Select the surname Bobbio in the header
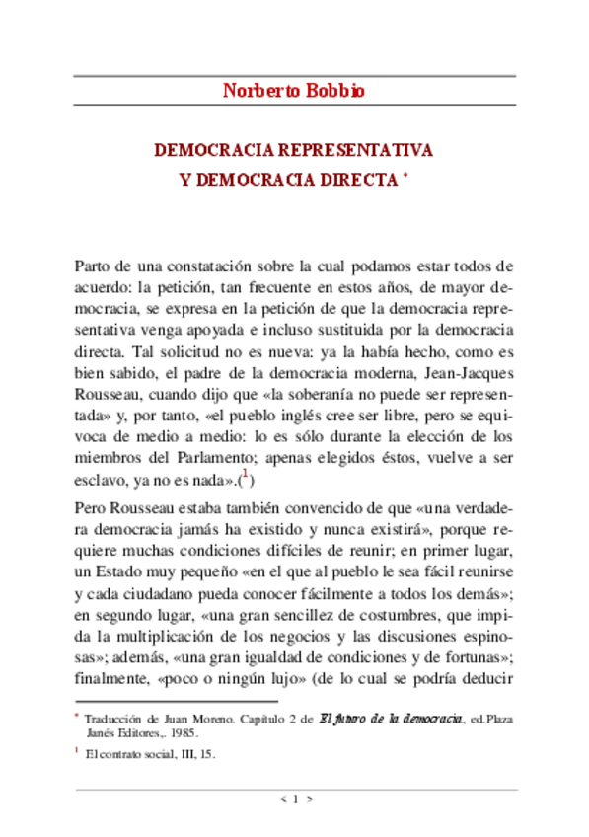(333, 92)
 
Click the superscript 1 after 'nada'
(247, 477)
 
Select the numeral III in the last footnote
(184, 753)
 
